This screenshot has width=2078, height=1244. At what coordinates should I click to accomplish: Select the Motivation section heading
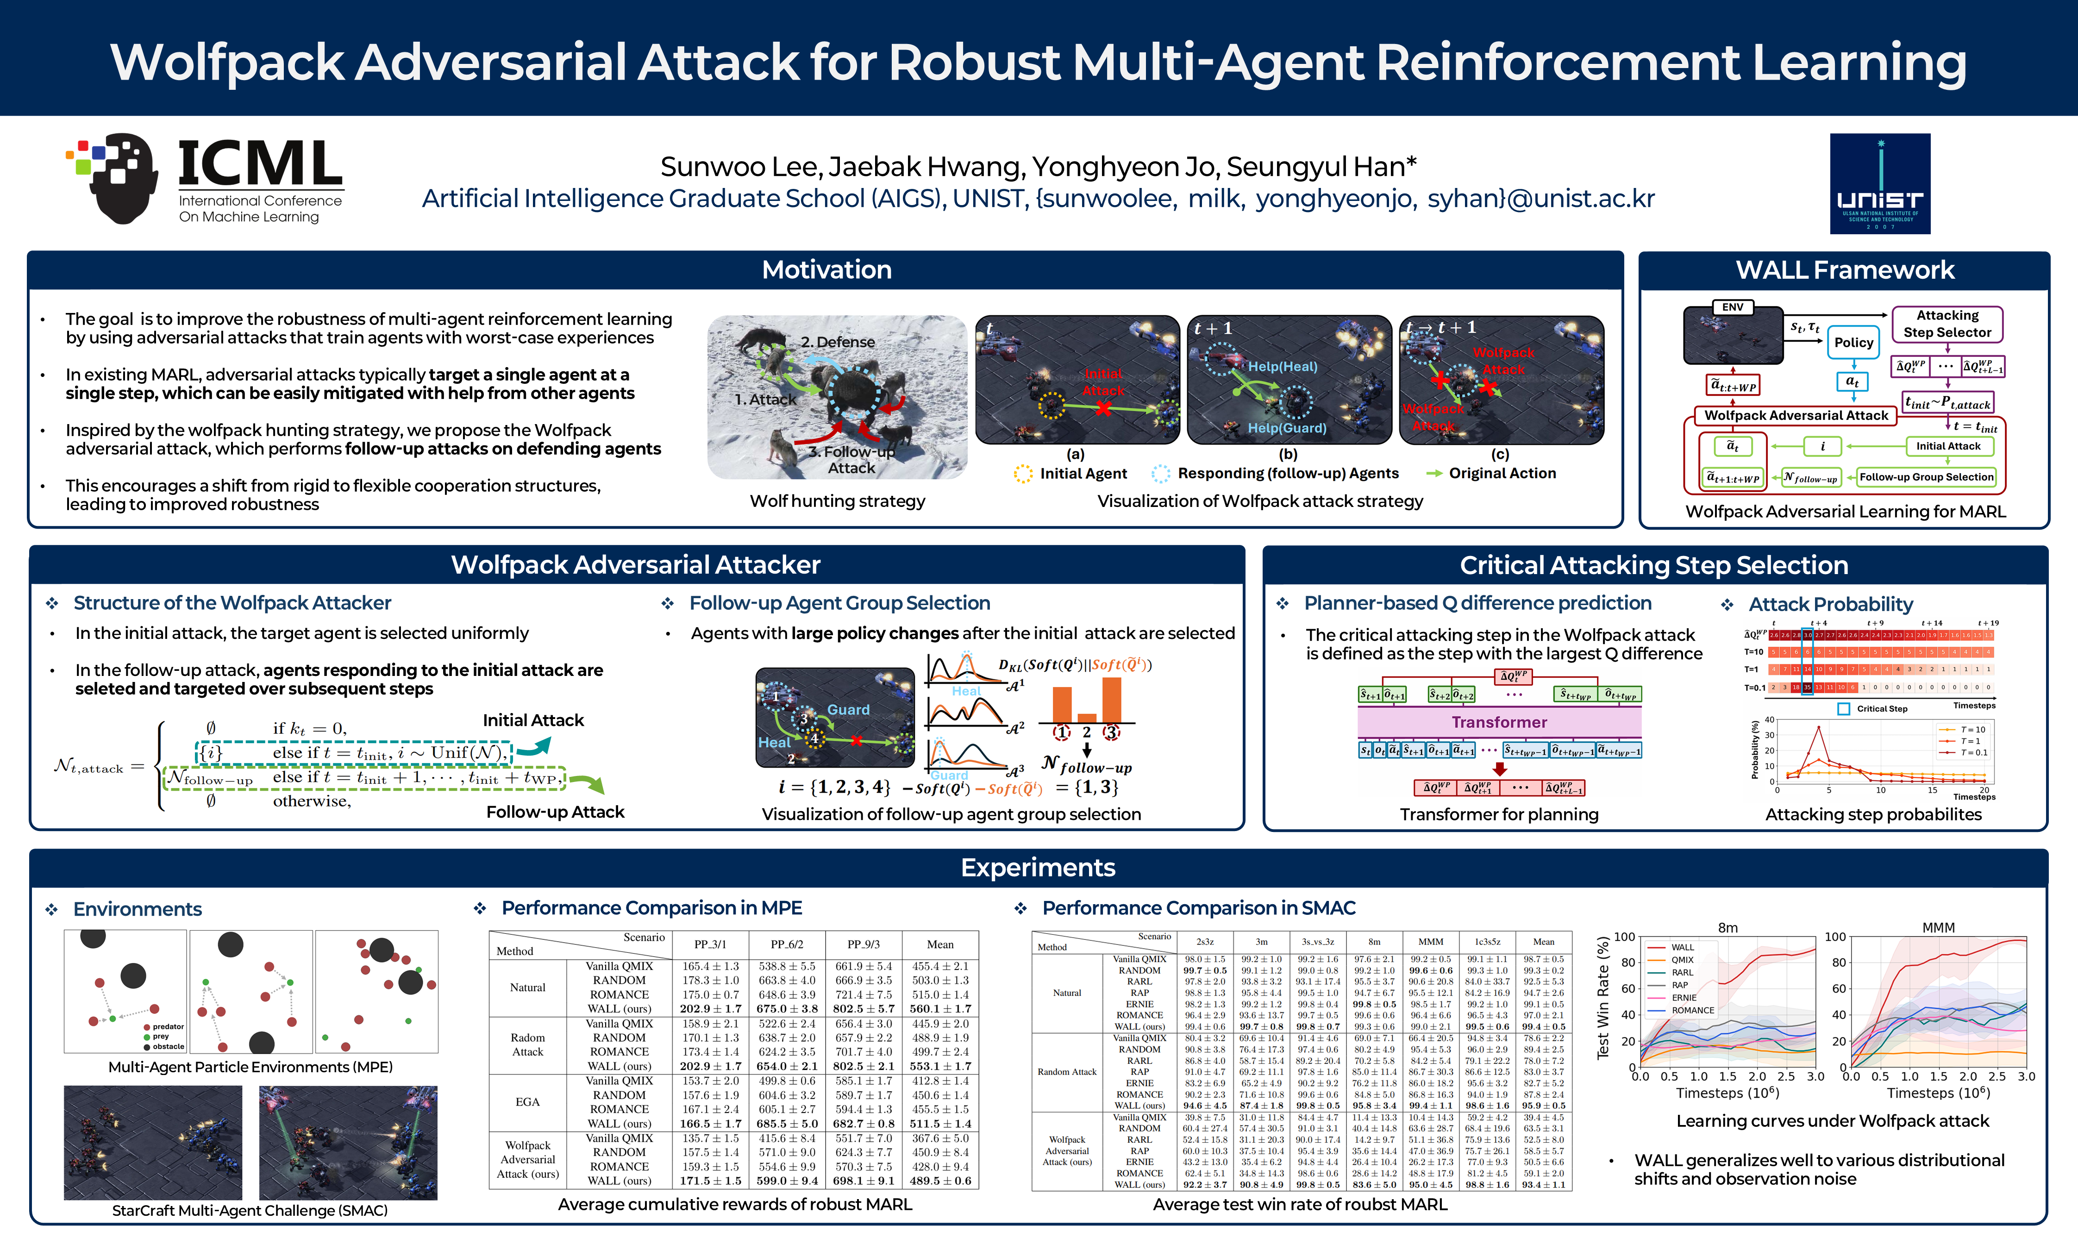pos(826,270)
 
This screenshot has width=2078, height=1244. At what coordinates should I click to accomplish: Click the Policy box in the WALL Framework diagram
pos(1853,342)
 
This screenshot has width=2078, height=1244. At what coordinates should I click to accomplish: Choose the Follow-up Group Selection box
pos(1926,477)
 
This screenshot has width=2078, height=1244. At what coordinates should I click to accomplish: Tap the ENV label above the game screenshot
pos(1733,307)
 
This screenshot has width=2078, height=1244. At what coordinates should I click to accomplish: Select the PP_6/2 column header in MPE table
pos(786,944)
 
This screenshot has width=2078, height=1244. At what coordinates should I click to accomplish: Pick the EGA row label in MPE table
pos(527,1101)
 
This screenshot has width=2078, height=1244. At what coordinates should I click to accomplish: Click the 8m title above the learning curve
pos(1727,928)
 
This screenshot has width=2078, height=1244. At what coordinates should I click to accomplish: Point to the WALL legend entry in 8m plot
pos(1682,947)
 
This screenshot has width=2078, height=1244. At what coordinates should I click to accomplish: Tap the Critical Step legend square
pos(1843,708)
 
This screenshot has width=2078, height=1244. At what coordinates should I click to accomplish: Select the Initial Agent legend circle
pos(1023,474)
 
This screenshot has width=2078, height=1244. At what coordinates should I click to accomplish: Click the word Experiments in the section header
pos(1038,868)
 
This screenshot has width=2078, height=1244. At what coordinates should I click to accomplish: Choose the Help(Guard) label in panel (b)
pos(1287,427)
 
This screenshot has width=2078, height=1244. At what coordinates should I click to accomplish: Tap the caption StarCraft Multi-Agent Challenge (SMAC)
pos(250,1211)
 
